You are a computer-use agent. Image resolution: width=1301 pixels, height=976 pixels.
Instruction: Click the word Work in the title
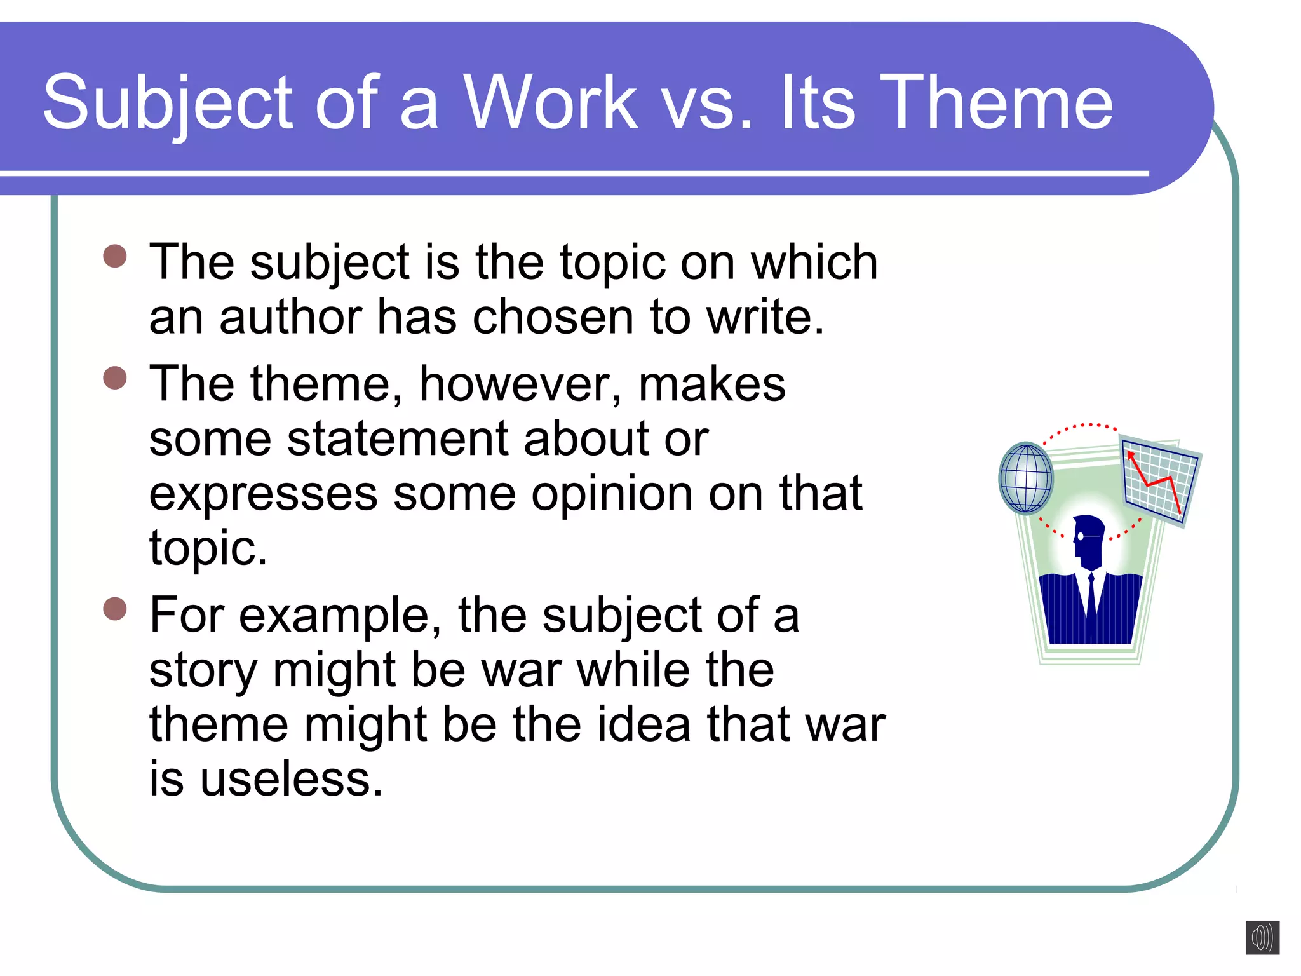click(x=550, y=103)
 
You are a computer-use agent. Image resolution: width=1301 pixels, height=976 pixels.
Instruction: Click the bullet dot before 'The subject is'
click(x=115, y=257)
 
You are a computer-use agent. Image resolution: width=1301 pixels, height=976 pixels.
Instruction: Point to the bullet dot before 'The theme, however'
click(x=115, y=378)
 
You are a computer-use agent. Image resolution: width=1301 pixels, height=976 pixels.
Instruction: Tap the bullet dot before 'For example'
click(x=115, y=609)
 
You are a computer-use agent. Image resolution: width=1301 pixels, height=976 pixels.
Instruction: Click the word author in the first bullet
click(x=290, y=317)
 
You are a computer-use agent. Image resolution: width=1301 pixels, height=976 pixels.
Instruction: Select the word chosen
click(x=553, y=317)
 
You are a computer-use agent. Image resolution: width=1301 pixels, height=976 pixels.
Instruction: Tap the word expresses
click(x=263, y=495)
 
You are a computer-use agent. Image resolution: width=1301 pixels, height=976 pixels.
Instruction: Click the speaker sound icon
click(x=1262, y=937)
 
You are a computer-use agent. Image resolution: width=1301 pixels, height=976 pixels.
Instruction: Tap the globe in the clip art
click(x=1026, y=478)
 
